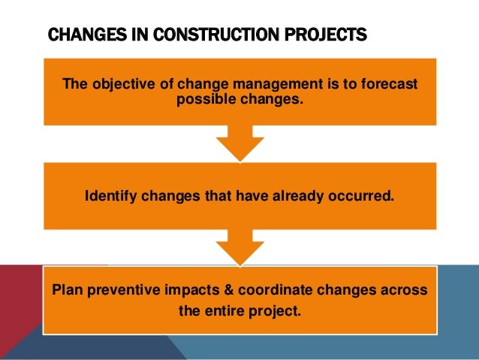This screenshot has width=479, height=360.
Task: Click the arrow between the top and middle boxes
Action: (x=239, y=142)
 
